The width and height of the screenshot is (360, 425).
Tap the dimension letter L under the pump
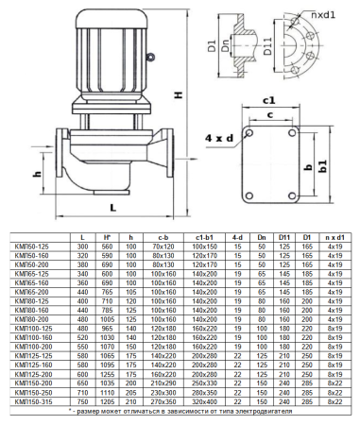pos(112,206)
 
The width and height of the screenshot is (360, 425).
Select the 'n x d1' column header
pos(334,236)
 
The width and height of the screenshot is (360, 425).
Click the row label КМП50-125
pos(38,246)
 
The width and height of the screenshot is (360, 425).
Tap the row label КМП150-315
pos(39,402)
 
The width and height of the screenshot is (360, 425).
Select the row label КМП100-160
pos(39,336)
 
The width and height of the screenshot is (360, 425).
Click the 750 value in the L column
pos(82,402)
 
